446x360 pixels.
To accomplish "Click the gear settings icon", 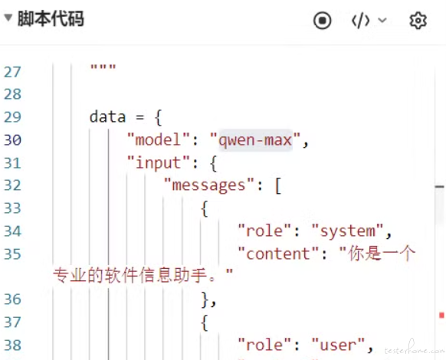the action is pos(418,21).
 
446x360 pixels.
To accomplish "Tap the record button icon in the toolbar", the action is pos(323,21).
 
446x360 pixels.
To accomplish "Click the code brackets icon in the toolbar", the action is pos(361,21).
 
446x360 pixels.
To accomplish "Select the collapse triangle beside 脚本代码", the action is pos(8,18).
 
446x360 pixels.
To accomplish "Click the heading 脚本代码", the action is pos(51,19).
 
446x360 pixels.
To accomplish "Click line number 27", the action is pos(12,72).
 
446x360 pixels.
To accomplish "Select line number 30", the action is pos(12,140).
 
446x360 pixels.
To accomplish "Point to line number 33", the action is pos(12,208).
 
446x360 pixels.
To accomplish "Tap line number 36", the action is pos(12,299).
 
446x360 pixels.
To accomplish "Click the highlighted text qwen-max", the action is pos(255,140).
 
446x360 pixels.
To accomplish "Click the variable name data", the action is pos(107,117).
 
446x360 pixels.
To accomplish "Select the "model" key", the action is pos(158,140).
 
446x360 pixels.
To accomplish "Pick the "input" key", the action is pos(158,163).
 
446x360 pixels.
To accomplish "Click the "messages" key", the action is pos(208,185).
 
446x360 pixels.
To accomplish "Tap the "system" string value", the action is pos(348,231).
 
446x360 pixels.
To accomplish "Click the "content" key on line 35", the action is pos(278,254).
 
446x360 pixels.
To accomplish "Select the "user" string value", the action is pos(338,345).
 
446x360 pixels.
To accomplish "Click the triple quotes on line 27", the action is pos(103,67).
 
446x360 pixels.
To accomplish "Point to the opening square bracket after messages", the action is pos(278,186).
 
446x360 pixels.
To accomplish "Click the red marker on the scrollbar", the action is pos(441,315).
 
